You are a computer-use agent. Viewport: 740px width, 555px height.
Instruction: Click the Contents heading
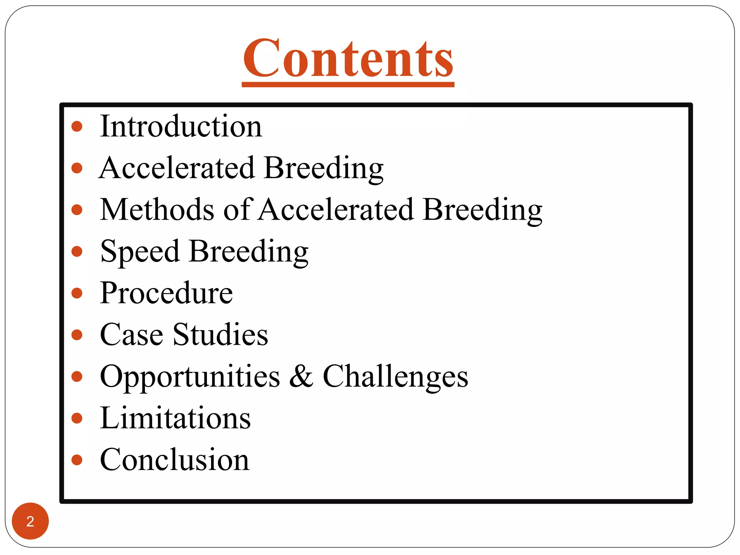(348, 59)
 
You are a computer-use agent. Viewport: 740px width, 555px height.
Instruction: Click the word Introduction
(181, 126)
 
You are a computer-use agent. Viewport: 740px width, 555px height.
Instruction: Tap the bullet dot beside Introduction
(77, 126)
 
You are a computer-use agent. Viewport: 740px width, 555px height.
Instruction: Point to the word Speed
(140, 251)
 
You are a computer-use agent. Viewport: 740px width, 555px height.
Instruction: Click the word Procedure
(166, 293)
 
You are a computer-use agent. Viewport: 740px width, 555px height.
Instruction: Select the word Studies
(220, 335)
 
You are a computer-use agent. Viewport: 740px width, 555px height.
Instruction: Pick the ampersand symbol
(301, 377)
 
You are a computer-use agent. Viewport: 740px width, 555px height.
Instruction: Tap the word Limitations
(175, 418)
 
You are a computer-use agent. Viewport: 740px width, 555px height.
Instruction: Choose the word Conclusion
(175, 460)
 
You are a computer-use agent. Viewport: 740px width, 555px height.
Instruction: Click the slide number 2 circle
(30, 521)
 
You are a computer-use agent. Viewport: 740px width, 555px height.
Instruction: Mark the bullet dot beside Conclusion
(77, 460)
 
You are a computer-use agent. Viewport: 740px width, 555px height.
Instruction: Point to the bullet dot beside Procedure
(77, 293)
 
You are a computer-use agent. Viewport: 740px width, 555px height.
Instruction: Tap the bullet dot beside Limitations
(77, 418)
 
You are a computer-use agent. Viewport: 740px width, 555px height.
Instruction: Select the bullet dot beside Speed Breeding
(77, 251)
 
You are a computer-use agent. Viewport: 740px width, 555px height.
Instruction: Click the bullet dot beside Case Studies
(77, 335)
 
